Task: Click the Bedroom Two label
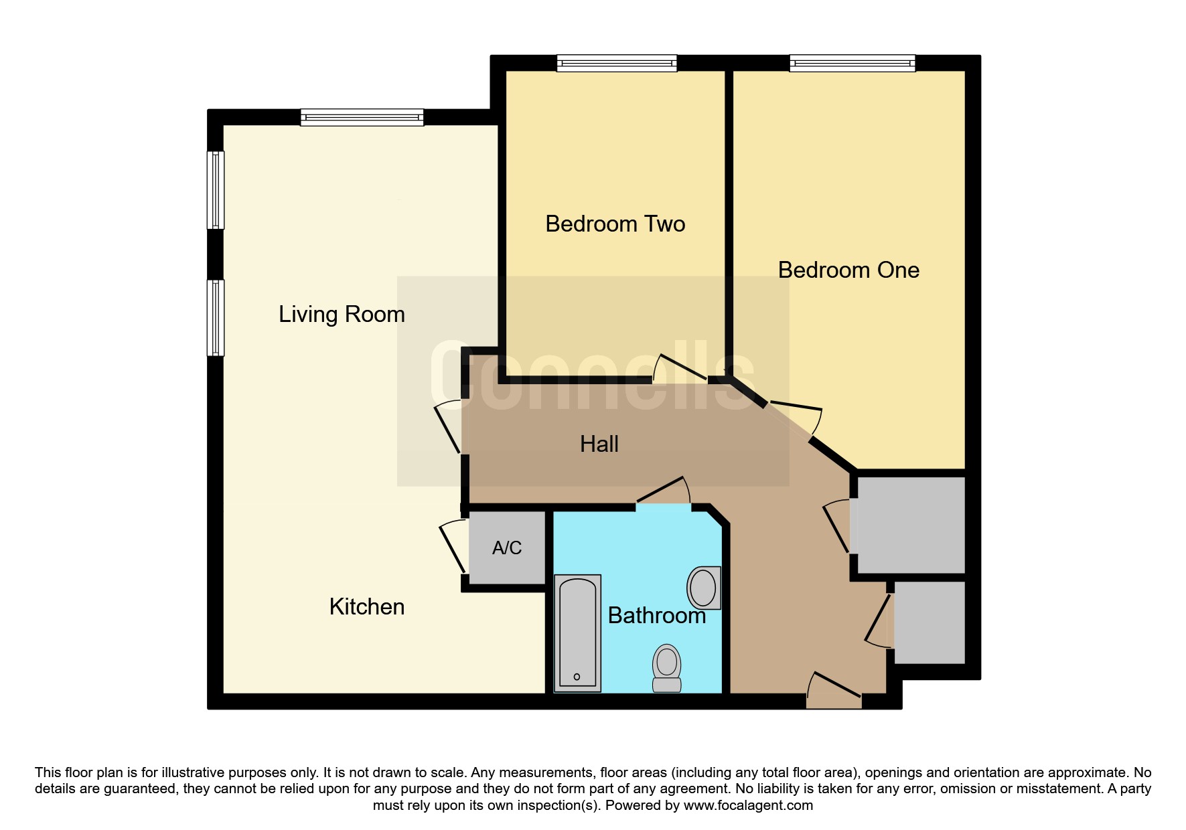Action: (615, 224)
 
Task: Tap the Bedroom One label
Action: (848, 270)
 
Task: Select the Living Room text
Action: (342, 314)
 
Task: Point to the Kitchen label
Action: (367, 606)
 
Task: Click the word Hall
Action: (599, 444)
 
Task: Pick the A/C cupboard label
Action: (507, 548)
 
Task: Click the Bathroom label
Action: (657, 616)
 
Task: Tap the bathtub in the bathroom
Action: (577, 633)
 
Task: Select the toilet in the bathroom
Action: (666, 668)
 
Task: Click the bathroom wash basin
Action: (704, 588)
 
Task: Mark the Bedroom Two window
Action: (617, 64)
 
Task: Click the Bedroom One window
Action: (853, 64)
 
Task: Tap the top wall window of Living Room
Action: (362, 118)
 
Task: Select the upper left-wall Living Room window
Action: (216, 190)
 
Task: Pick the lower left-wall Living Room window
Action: (216, 317)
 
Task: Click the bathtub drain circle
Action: (577, 677)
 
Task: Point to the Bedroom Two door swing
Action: (680, 368)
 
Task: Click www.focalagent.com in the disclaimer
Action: (748, 805)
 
